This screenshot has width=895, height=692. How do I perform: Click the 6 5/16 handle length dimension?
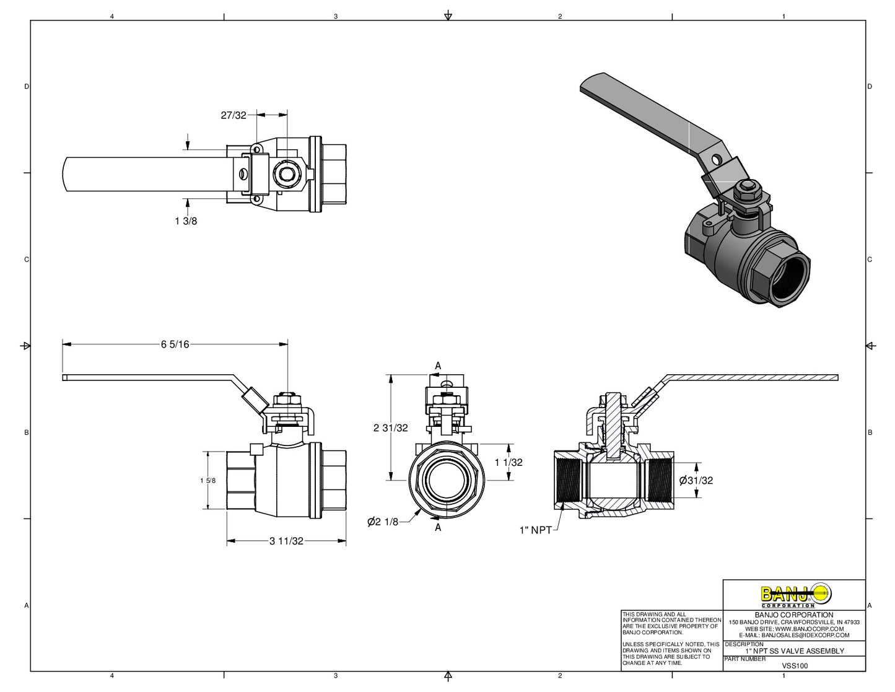click(x=175, y=344)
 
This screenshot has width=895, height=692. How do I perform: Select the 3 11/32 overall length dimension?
click(x=286, y=541)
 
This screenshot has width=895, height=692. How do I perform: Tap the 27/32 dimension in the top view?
click(x=234, y=115)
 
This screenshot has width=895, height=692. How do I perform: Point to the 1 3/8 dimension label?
click(x=186, y=221)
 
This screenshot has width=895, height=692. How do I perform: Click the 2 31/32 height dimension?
click(x=390, y=427)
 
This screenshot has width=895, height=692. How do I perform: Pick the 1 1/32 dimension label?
click(x=509, y=462)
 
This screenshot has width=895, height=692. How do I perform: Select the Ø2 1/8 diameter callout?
click(x=383, y=522)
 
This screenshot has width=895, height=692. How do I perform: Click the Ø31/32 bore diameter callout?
click(x=696, y=480)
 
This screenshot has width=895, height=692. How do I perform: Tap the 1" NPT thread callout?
click(x=535, y=530)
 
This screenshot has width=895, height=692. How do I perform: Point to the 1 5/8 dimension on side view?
click(x=208, y=481)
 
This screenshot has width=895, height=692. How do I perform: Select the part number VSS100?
click(x=795, y=666)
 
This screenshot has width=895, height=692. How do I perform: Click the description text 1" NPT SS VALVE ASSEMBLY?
click(x=795, y=651)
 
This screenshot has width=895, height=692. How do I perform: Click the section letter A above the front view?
click(x=438, y=366)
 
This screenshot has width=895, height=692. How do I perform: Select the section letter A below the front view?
click(x=438, y=527)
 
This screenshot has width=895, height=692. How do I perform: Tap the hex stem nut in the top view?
click(x=287, y=174)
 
